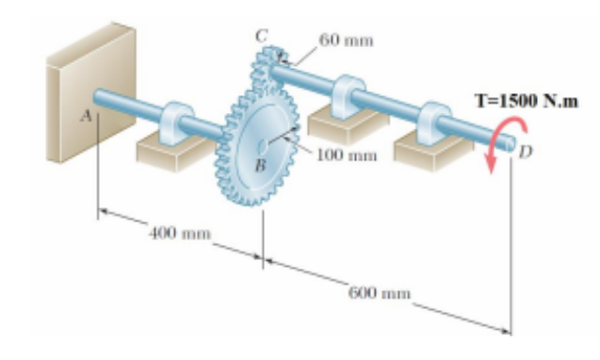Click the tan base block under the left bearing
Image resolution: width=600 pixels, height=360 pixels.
[x=170, y=152]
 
